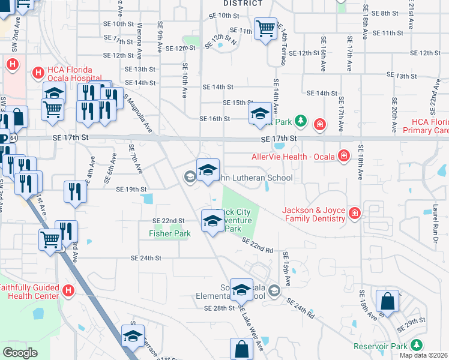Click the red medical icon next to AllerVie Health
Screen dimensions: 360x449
[x=344, y=156]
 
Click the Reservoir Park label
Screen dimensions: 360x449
[x=379, y=346]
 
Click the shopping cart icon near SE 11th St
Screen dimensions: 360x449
[x=265, y=28]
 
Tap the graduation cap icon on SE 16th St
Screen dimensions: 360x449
[x=260, y=113]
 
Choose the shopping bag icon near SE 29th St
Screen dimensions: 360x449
[x=388, y=301]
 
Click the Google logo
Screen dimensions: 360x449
[x=20, y=352]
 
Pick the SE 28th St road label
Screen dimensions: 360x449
[x=218, y=308]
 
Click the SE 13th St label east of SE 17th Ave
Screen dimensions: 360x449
[x=402, y=76]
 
